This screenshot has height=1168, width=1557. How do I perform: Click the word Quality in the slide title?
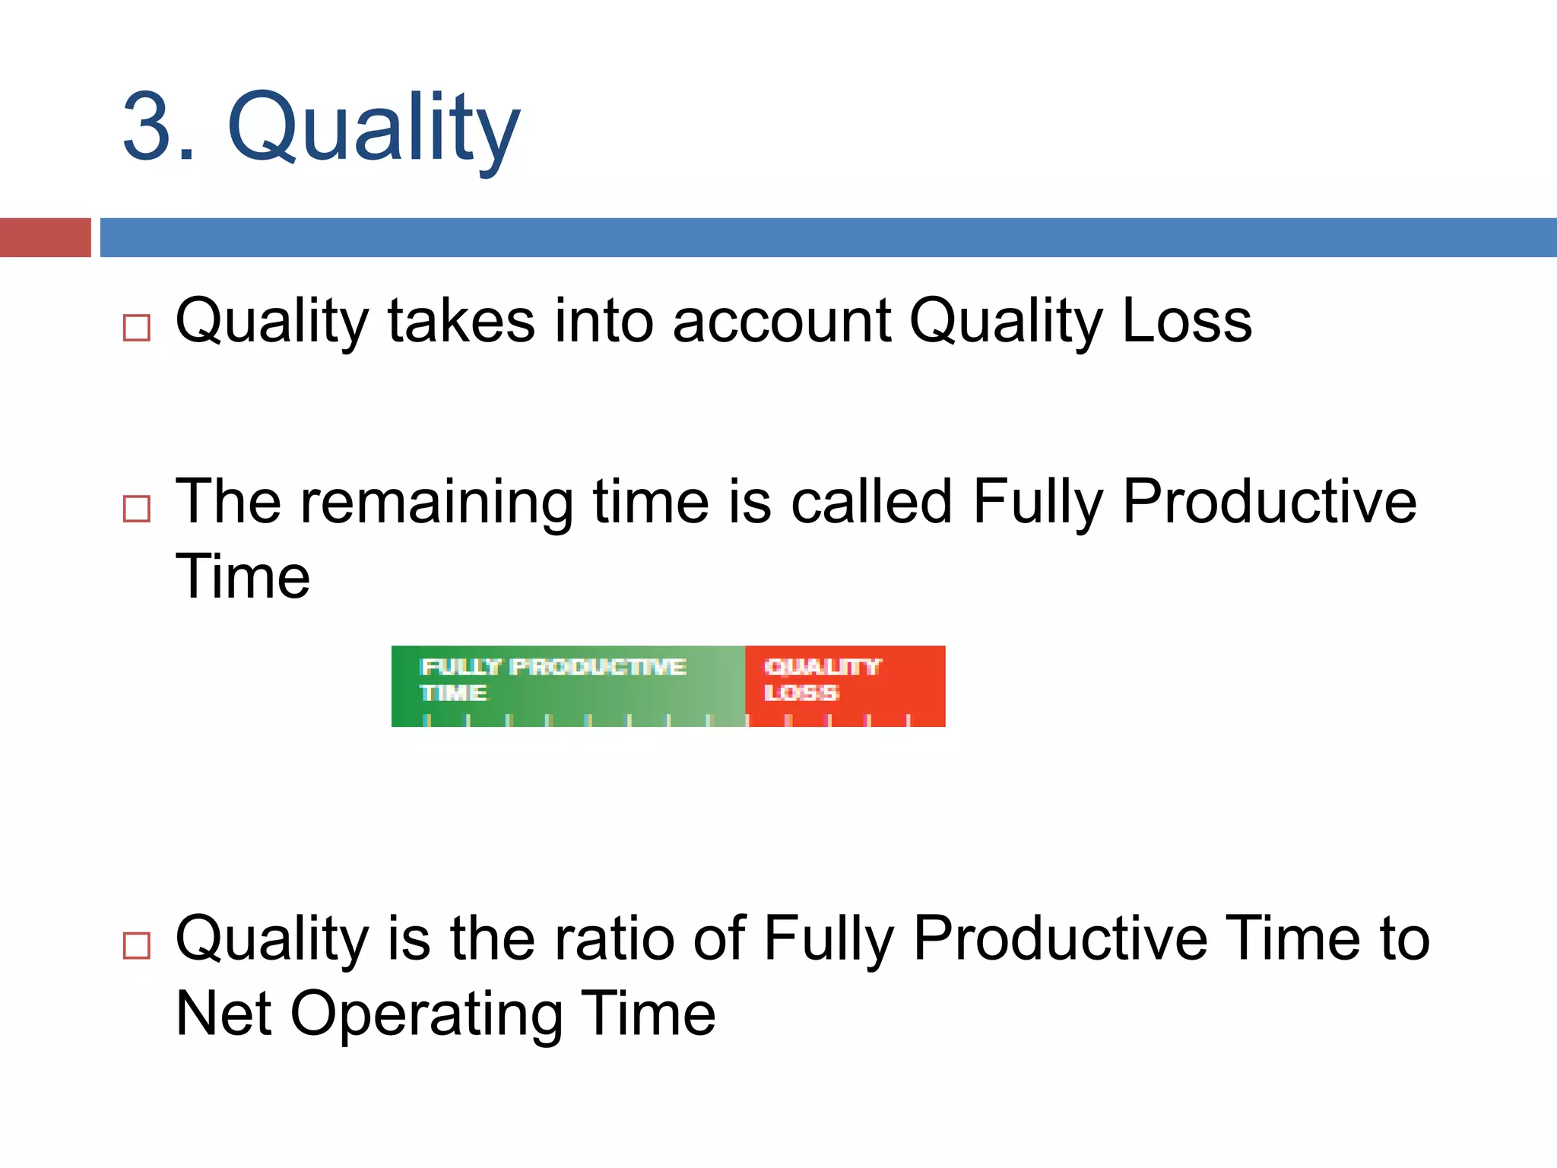[x=373, y=128]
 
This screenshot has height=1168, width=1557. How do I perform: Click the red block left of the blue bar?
[x=45, y=237]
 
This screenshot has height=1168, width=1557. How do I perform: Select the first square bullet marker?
[x=137, y=328]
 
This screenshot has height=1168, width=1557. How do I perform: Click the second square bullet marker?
[x=137, y=508]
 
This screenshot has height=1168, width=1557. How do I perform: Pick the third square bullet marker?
[x=137, y=945]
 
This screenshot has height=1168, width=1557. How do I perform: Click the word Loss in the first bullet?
[x=1187, y=321]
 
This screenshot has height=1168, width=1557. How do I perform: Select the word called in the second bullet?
[x=871, y=502]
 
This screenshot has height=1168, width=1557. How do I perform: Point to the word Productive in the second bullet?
[x=1269, y=502]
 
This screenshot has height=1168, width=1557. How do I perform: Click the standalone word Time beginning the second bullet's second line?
[x=243, y=576]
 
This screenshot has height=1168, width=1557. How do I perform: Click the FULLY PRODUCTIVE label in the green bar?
[x=553, y=667]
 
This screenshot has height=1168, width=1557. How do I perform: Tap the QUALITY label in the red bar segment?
[x=822, y=667]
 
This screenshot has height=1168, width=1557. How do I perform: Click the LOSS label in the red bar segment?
[x=801, y=693]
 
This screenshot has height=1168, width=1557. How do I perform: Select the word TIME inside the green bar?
[x=453, y=693]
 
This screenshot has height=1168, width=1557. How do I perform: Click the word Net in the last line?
[x=223, y=1013]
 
